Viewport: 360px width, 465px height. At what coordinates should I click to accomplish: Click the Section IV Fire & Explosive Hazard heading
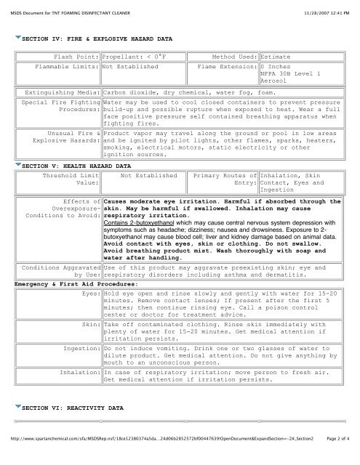pyautogui.click(x=92, y=36)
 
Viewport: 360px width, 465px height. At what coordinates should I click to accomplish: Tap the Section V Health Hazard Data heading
pyautogui.click(x=76, y=166)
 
